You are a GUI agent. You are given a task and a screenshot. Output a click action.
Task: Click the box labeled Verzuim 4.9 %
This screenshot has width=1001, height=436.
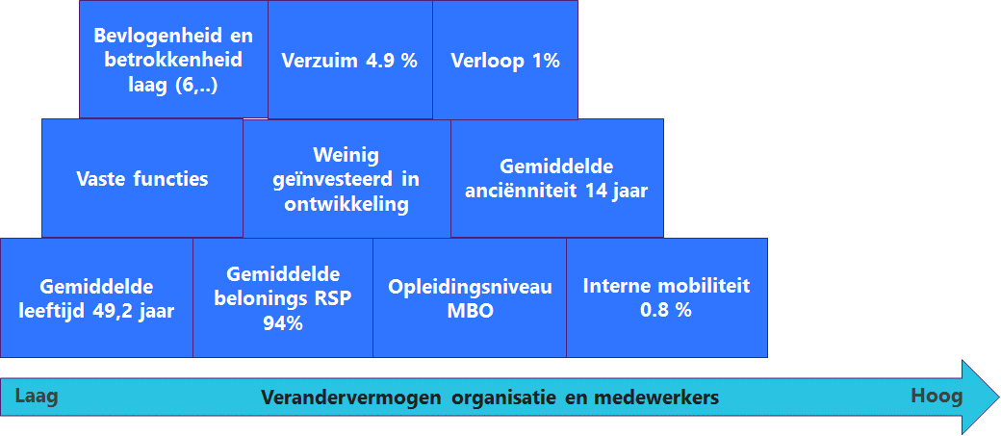(349, 60)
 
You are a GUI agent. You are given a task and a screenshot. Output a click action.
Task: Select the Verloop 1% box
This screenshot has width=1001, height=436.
(505, 60)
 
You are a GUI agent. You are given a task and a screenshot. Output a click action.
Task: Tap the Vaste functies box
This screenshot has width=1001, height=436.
(142, 178)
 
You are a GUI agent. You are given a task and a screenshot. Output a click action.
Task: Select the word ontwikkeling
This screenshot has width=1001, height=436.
(346, 204)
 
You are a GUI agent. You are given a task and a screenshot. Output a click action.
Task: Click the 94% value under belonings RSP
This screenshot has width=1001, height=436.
(283, 323)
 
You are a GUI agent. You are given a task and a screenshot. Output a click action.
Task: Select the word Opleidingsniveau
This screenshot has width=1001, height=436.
(471, 287)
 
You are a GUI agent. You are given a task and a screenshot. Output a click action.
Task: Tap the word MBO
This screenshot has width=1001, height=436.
(471, 312)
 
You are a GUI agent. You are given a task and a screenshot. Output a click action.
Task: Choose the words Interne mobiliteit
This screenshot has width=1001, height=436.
(666, 285)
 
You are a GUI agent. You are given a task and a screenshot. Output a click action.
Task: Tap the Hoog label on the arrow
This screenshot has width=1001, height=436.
(937, 397)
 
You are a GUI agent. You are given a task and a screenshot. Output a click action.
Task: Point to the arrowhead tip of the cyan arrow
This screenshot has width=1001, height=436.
(1000, 397)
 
